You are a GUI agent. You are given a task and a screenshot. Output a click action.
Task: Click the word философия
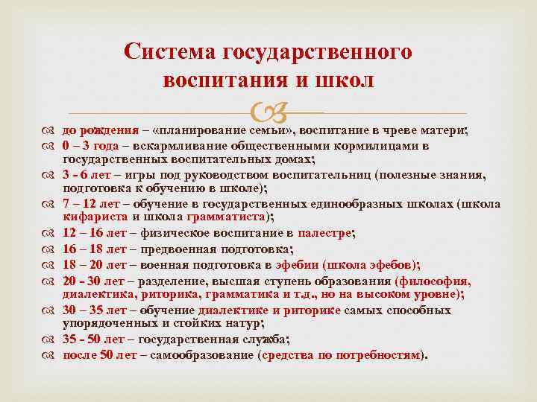click(436, 281)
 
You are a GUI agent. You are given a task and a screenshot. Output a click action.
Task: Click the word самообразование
click(203, 355)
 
